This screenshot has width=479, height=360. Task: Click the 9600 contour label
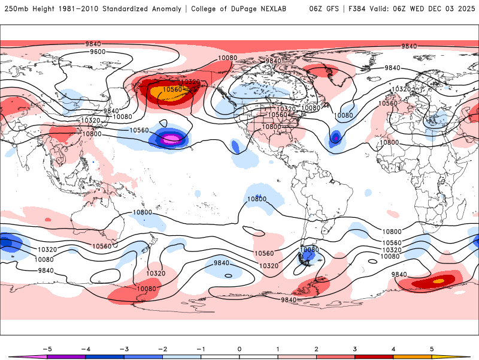pos(98,52)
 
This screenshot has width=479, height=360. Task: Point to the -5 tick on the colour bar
pos(47,348)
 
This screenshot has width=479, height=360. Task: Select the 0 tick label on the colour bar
pos(239,348)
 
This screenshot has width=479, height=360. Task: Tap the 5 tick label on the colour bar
pos(432,348)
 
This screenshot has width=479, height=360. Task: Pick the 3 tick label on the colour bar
pos(355,348)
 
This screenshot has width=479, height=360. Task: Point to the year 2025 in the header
pos(463,9)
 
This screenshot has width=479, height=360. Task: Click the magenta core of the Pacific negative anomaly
pos(172,139)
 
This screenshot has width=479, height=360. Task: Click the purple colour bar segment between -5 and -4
pos(66,356)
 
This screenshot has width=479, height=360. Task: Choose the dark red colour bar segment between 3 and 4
pos(374,356)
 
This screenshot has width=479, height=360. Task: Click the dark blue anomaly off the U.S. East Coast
pos(335,139)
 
